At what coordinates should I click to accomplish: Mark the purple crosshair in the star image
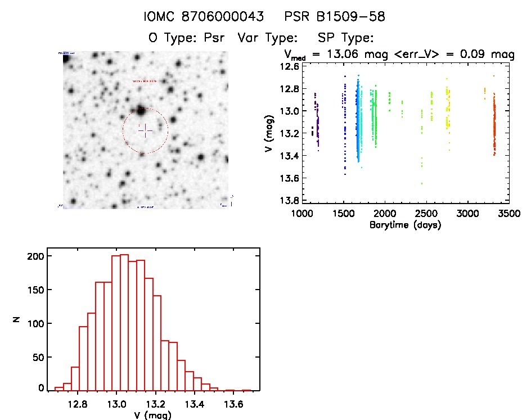pyautogui.click(x=145, y=130)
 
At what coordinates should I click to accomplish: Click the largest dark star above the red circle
pyautogui.click(x=139, y=110)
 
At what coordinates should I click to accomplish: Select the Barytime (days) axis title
pyautogui.click(x=405, y=225)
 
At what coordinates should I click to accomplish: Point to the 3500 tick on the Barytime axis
pyautogui.click(x=509, y=214)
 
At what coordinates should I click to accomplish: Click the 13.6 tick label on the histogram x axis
pyautogui.click(x=232, y=404)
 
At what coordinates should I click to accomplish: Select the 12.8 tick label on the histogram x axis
pyautogui.click(x=79, y=404)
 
